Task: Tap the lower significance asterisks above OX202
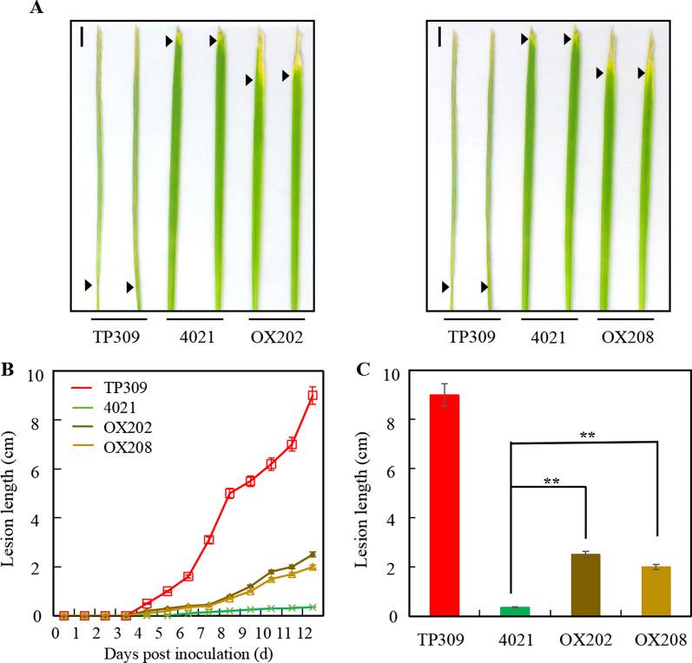[x=551, y=480]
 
